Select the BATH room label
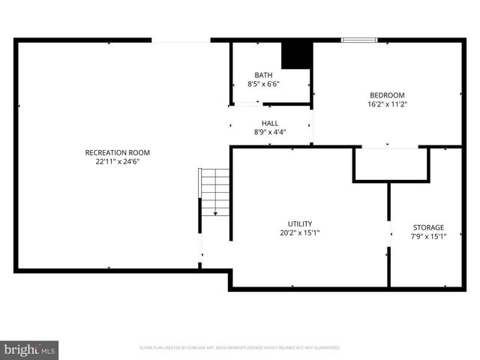(x=263, y=75)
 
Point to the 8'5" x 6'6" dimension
(x=263, y=84)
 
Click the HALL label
(x=270, y=123)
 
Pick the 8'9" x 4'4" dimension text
(x=270, y=132)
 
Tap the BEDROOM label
(x=387, y=95)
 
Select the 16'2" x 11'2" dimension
(x=387, y=104)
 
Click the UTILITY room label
(x=300, y=223)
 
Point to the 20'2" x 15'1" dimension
(x=300, y=232)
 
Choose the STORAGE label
(x=428, y=227)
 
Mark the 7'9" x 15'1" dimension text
(x=428, y=236)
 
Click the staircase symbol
(x=214, y=191)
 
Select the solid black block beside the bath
(x=296, y=55)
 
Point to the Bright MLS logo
(x=30, y=349)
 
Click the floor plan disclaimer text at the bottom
(x=240, y=348)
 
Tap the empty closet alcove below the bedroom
(x=390, y=163)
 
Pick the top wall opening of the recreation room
(x=181, y=40)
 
